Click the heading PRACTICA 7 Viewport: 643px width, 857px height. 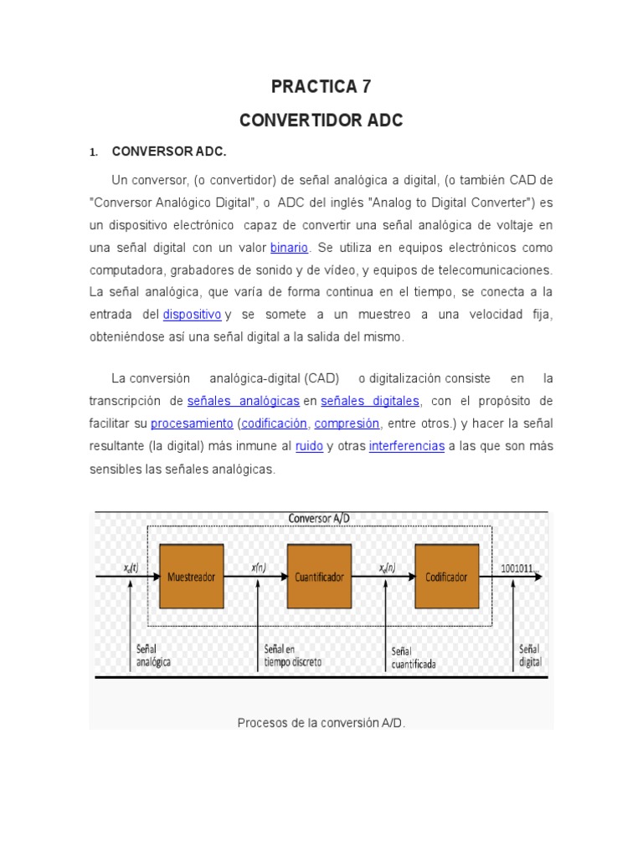click(x=321, y=86)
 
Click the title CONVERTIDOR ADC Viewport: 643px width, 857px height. click(x=321, y=121)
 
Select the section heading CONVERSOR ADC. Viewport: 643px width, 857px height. click(x=169, y=152)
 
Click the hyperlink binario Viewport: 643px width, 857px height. click(x=289, y=248)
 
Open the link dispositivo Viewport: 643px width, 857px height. click(x=192, y=314)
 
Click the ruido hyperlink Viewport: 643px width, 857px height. click(x=309, y=446)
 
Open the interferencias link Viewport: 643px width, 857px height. click(x=406, y=446)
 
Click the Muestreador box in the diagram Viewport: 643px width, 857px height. click(x=191, y=577)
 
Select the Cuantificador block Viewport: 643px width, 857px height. click(x=320, y=577)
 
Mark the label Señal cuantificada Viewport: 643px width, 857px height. click(x=414, y=658)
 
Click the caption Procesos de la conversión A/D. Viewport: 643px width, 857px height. click(x=321, y=721)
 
